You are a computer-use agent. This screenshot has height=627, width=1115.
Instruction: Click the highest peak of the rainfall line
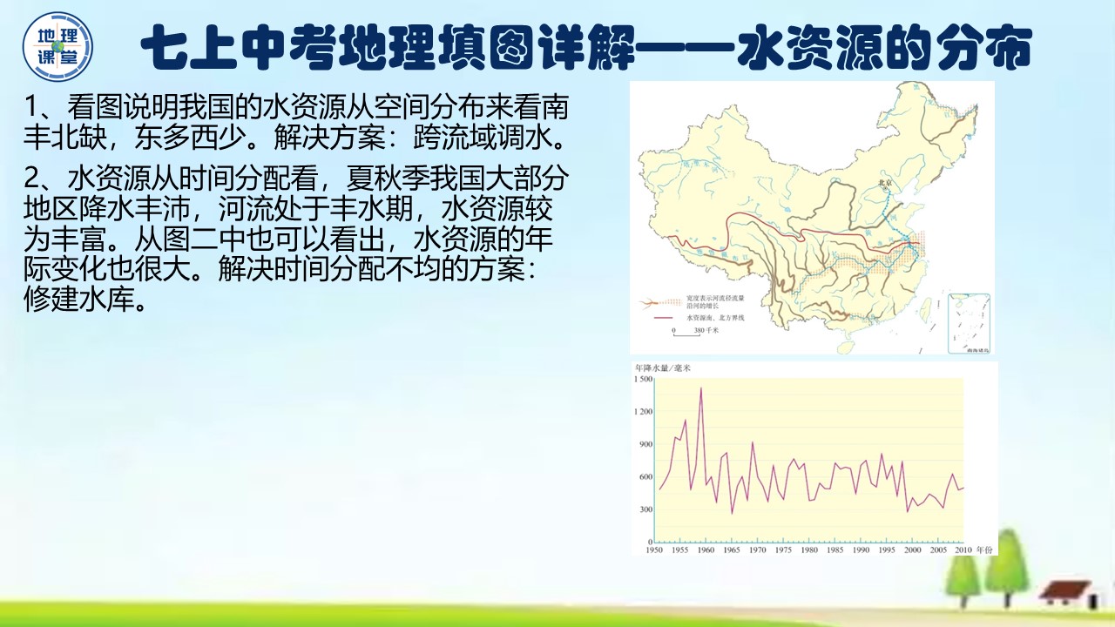tap(701, 388)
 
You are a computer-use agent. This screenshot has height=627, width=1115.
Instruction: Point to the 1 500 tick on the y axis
tap(643, 379)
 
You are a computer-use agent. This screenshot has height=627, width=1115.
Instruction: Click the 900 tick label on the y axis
tap(645, 444)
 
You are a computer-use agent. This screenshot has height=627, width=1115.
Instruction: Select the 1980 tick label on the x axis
tap(809, 549)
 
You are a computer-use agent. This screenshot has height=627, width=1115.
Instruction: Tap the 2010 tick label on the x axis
tap(963, 549)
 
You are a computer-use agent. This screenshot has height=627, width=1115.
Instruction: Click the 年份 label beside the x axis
tap(984, 549)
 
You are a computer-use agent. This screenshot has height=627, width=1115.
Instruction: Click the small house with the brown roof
tap(1064, 594)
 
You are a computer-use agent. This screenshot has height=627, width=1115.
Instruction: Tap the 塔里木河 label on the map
tap(688, 166)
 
